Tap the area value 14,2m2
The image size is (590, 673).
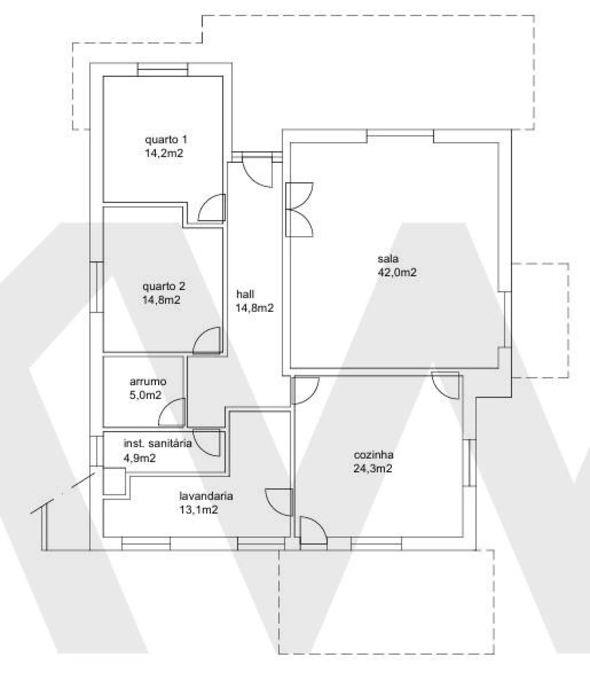click(164, 154)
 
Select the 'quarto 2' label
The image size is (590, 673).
click(164, 286)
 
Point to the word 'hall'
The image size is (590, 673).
click(245, 294)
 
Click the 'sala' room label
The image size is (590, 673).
click(388, 258)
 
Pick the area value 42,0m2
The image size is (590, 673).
click(397, 272)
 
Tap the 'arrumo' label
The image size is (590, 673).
click(148, 382)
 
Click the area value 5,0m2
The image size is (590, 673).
click(146, 395)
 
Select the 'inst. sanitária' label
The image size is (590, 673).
click(158, 444)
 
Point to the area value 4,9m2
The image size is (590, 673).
click(139, 458)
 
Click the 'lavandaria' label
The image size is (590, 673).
click(206, 496)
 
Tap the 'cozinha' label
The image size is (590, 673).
click(373, 455)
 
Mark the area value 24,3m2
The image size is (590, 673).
click(371, 469)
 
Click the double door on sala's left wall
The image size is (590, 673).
click(300, 210)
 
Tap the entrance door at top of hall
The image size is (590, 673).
click(257, 172)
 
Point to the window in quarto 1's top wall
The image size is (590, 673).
click(163, 70)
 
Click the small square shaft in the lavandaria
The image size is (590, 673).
click(114, 482)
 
